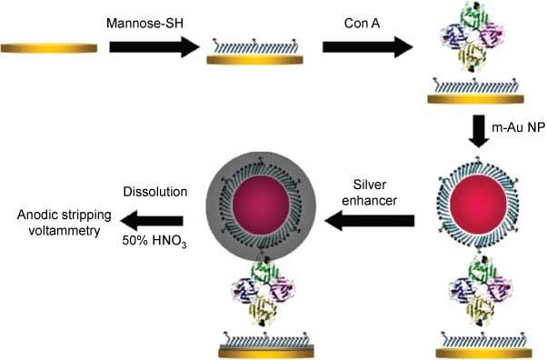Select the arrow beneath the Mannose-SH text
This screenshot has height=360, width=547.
154,45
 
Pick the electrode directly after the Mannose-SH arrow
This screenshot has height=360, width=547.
253,57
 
